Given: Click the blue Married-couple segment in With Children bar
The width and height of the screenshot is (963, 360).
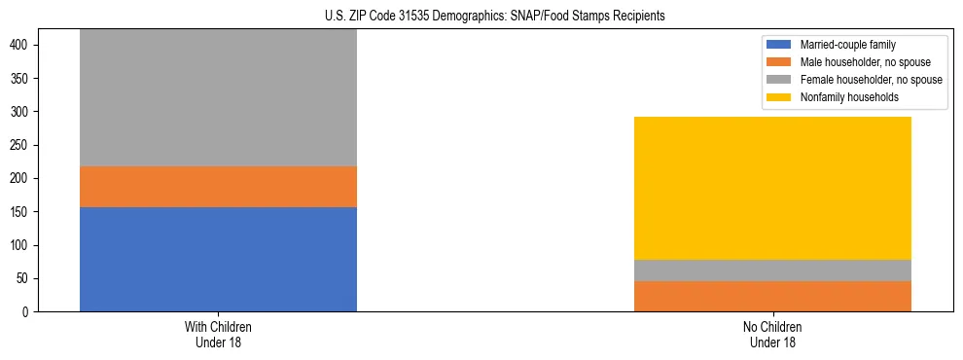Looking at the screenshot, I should pyautogui.click(x=218, y=259).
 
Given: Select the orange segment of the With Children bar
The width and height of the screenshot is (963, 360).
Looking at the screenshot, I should pyautogui.click(x=218, y=187).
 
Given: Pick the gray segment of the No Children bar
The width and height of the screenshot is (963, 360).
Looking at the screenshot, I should pyautogui.click(x=772, y=270).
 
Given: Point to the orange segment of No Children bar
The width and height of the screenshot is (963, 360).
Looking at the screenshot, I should pyautogui.click(x=772, y=296).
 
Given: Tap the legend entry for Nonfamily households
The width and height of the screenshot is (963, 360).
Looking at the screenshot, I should pyautogui.click(x=847, y=97).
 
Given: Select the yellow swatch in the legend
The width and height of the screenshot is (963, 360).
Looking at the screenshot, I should pyautogui.click(x=780, y=97).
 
